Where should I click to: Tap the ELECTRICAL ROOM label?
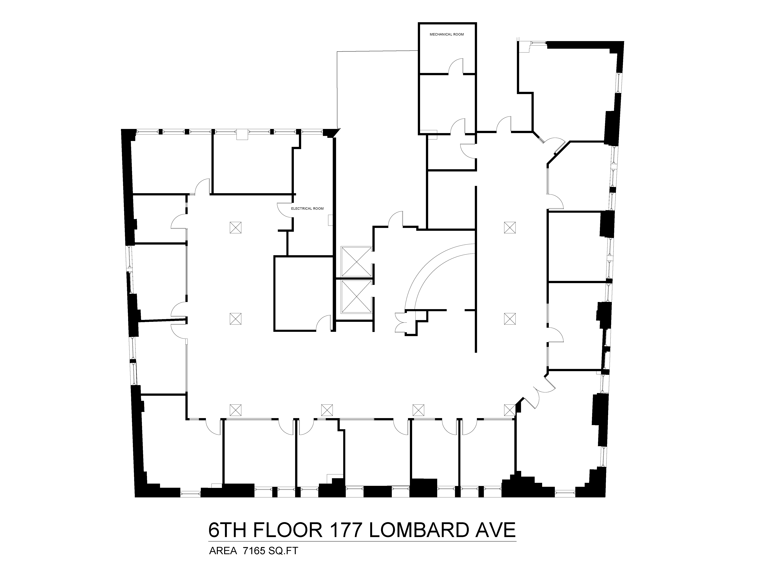point(307,209)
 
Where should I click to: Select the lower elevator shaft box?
point(356,297)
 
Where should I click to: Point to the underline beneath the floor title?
point(362,541)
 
